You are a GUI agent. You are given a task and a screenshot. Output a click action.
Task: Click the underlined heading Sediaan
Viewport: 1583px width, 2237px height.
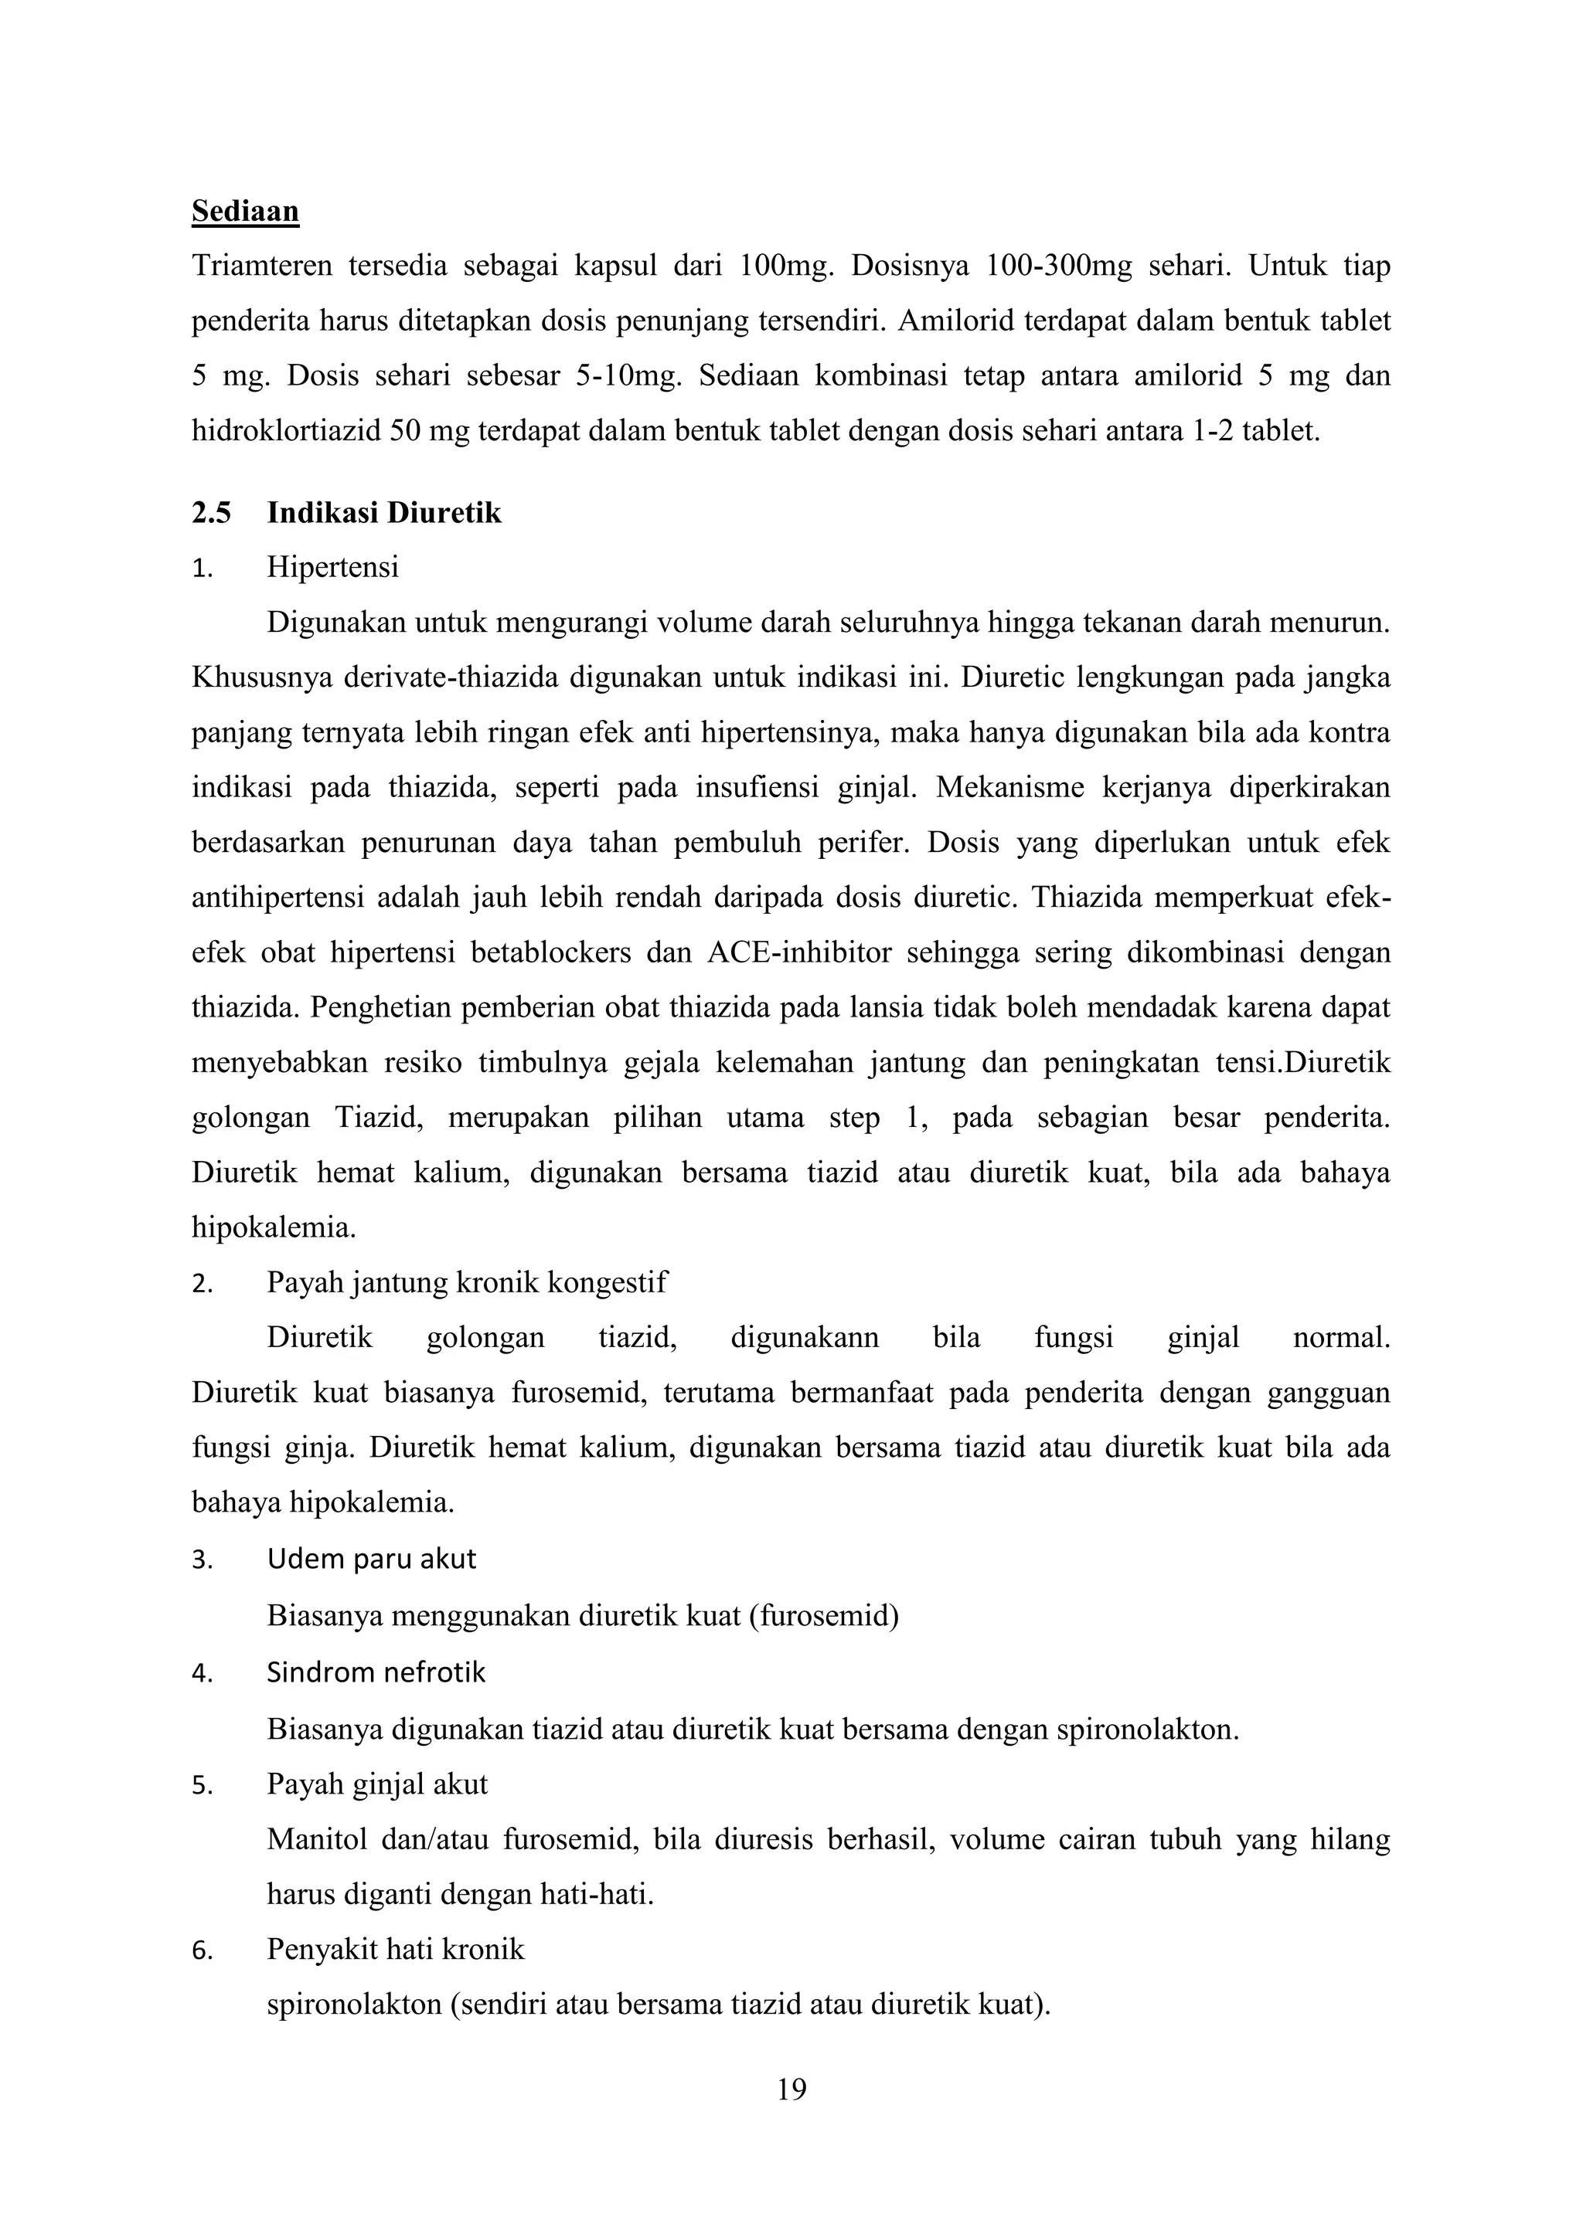pyautogui.click(x=245, y=212)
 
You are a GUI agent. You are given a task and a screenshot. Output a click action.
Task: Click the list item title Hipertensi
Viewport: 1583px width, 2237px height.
pyautogui.click(x=332, y=567)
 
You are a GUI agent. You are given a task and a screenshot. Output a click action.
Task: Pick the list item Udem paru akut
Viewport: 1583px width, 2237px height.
pyautogui.click(x=371, y=1559)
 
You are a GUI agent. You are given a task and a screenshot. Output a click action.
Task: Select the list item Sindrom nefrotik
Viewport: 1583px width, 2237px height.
pyautogui.click(x=376, y=1672)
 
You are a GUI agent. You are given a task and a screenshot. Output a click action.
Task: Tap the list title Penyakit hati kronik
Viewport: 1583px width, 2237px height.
pyautogui.click(x=395, y=1949)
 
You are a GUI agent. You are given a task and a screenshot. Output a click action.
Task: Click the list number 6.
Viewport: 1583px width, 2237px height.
pyautogui.click(x=201, y=1950)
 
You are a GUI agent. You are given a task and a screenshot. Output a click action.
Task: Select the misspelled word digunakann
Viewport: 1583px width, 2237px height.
pyautogui.click(x=804, y=1337)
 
